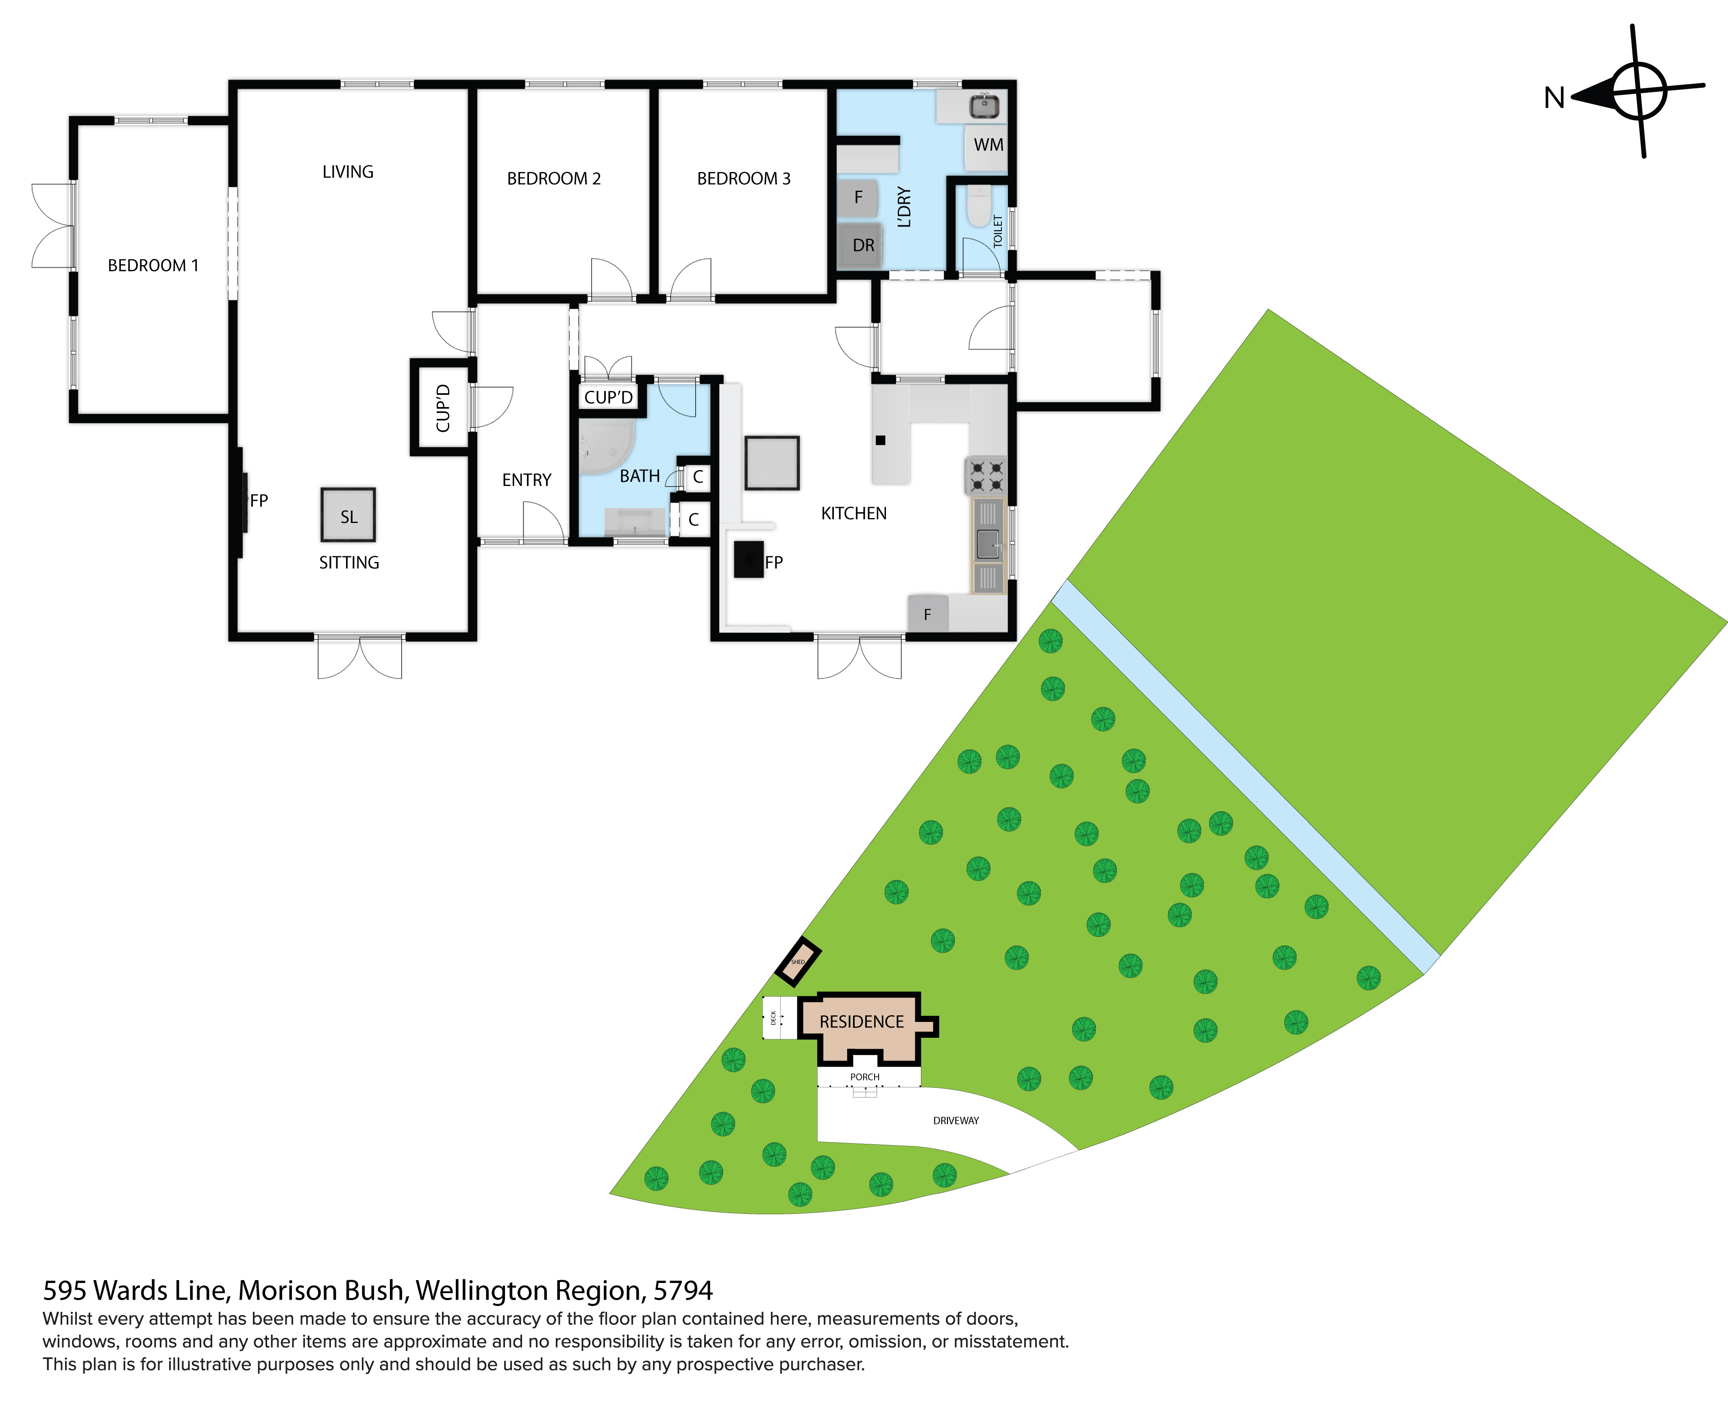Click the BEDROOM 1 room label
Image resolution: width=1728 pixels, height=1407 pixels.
153,266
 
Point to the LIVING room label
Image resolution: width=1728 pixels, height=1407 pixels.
348,172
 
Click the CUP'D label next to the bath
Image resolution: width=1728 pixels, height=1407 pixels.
608,397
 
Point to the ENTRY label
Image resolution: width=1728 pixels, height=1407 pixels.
527,480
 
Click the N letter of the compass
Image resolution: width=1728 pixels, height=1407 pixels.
1554,98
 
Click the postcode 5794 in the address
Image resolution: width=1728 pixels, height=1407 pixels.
683,1290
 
